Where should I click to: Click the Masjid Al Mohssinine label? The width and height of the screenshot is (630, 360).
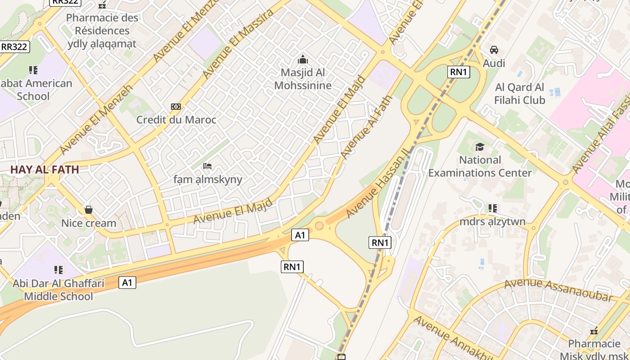point(303,79)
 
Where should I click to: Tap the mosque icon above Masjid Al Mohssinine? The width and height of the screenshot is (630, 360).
point(303,59)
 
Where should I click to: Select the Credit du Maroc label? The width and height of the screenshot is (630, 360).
point(176,120)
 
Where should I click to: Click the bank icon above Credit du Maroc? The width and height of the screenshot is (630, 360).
point(176,107)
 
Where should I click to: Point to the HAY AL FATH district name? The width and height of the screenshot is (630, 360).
point(45,170)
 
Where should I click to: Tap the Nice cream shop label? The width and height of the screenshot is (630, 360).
point(89,223)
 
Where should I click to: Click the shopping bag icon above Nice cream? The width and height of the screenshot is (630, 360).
point(89,210)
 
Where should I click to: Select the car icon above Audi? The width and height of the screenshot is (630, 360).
point(494,50)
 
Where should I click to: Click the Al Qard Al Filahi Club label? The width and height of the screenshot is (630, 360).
point(520,94)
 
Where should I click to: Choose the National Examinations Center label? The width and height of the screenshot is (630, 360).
point(480,166)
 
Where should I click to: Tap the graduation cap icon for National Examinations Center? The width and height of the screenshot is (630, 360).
point(480,147)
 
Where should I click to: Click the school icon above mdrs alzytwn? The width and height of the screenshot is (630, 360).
point(493,208)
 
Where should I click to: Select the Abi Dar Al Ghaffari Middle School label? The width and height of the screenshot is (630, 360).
point(58,290)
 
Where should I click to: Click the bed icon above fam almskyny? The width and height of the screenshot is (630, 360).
point(207,166)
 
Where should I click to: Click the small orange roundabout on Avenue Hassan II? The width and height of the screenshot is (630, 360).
point(319,225)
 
